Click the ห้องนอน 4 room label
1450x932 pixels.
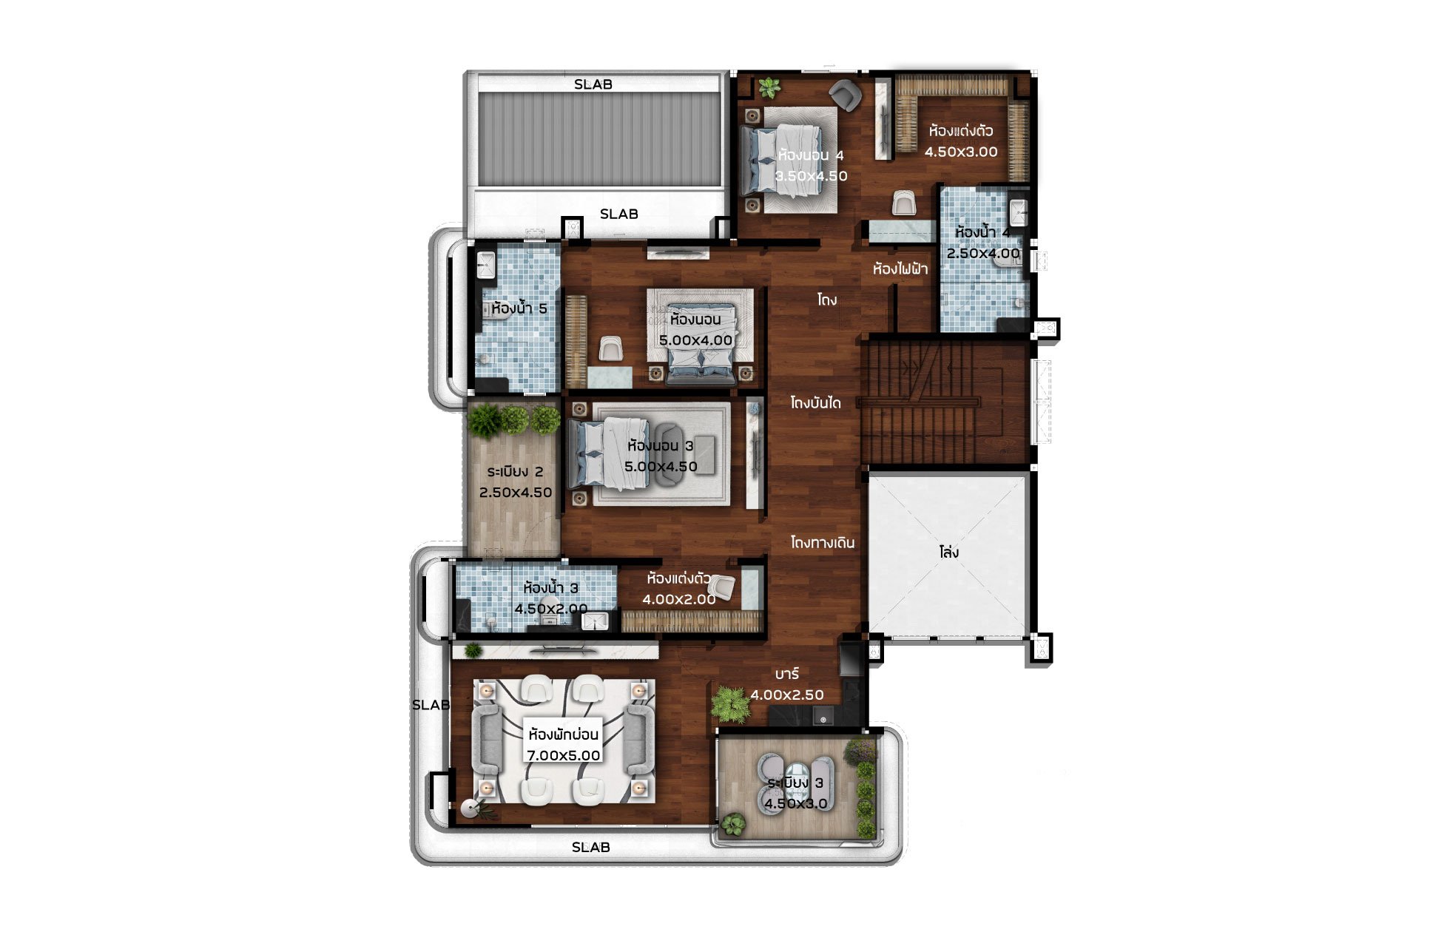click(x=811, y=155)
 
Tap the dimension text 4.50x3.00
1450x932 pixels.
click(x=961, y=152)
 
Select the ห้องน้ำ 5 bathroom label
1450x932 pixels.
click(x=519, y=308)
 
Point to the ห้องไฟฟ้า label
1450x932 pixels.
click(x=900, y=269)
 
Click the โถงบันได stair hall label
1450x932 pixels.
click(x=815, y=403)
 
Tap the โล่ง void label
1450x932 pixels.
click(x=949, y=553)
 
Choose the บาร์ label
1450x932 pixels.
click(x=787, y=674)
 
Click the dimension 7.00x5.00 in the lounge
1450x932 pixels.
click(x=563, y=755)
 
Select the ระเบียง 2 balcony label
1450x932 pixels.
click(x=516, y=472)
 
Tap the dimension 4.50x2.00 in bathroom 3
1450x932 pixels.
click(x=551, y=609)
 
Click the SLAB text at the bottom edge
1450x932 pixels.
click(x=591, y=847)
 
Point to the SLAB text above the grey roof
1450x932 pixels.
click(x=593, y=84)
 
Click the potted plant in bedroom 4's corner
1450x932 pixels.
click(x=769, y=88)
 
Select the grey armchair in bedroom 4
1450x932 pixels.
click(x=845, y=95)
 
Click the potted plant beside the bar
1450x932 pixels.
click(x=731, y=704)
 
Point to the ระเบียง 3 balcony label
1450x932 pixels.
click(x=795, y=783)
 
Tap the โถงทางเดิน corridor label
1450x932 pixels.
click(x=822, y=543)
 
